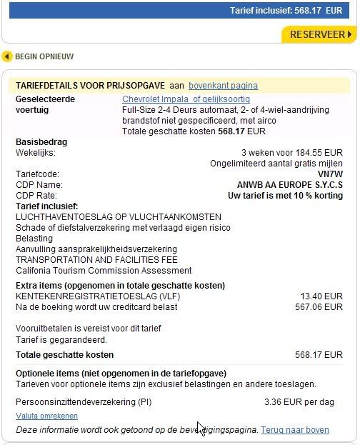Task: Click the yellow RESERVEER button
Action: click(317, 34)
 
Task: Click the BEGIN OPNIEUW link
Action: click(44, 56)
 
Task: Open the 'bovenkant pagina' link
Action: click(223, 86)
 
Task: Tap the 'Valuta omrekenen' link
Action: click(46, 416)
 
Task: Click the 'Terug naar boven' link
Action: click(294, 430)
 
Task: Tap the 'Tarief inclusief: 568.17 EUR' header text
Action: click(286, 11)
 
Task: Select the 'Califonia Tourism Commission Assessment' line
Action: click(104, 271)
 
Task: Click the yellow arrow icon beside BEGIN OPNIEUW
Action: click(8, 56)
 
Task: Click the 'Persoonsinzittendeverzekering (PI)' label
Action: click(83, 401)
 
